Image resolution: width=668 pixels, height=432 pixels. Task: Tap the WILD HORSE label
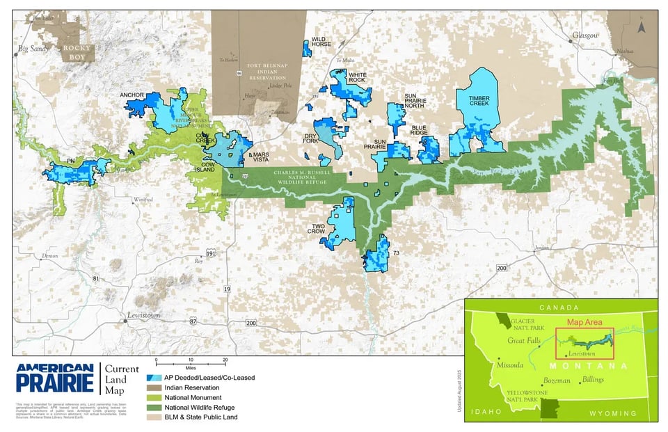(x=321, y=42)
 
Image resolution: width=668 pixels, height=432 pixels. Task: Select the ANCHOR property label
(x=132, y=94)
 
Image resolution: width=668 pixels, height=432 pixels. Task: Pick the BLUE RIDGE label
(x=419, y=130)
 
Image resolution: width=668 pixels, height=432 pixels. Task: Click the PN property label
(x=70, y=161)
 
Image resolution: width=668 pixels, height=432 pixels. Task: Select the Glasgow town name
(x=585, y=35)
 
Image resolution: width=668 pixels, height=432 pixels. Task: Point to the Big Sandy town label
(x=32, y=49)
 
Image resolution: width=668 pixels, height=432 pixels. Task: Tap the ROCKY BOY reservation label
(x=77, y=52)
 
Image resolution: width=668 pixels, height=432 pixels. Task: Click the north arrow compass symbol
(x=642, y=27)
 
